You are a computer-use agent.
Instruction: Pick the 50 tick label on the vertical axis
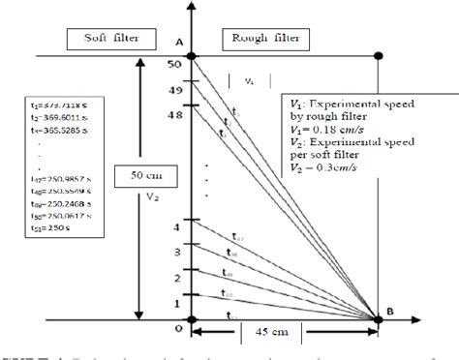click(x=175, y=64)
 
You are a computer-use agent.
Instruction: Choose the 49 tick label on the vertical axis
click(x=175, y=89)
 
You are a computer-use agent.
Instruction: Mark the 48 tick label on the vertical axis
click(x=175, y=113)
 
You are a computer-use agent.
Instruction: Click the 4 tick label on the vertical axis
click(x=177, y=226)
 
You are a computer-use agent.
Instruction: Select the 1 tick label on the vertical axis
click(x=177, y=304)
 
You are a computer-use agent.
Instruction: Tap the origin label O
click(x=177, y=328)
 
